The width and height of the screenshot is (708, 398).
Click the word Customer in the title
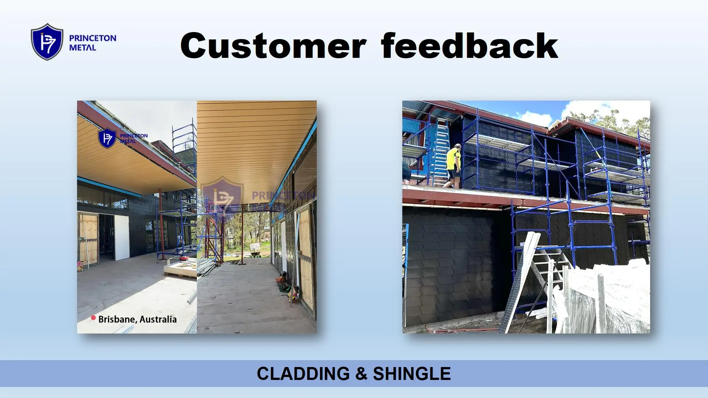[273, 46]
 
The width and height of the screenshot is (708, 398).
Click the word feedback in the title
[469, 46]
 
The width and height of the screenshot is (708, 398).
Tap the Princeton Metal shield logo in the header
[47, 42]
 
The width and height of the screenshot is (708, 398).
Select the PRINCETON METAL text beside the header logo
[93, 43]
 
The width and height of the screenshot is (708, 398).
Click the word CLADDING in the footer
[303, 374]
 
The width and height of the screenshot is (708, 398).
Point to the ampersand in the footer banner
[361, 374]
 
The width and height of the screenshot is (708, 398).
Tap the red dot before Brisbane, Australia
[93, 318]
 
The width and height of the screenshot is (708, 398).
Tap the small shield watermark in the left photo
[107, 138]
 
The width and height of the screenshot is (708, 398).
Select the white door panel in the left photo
[121, 238]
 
